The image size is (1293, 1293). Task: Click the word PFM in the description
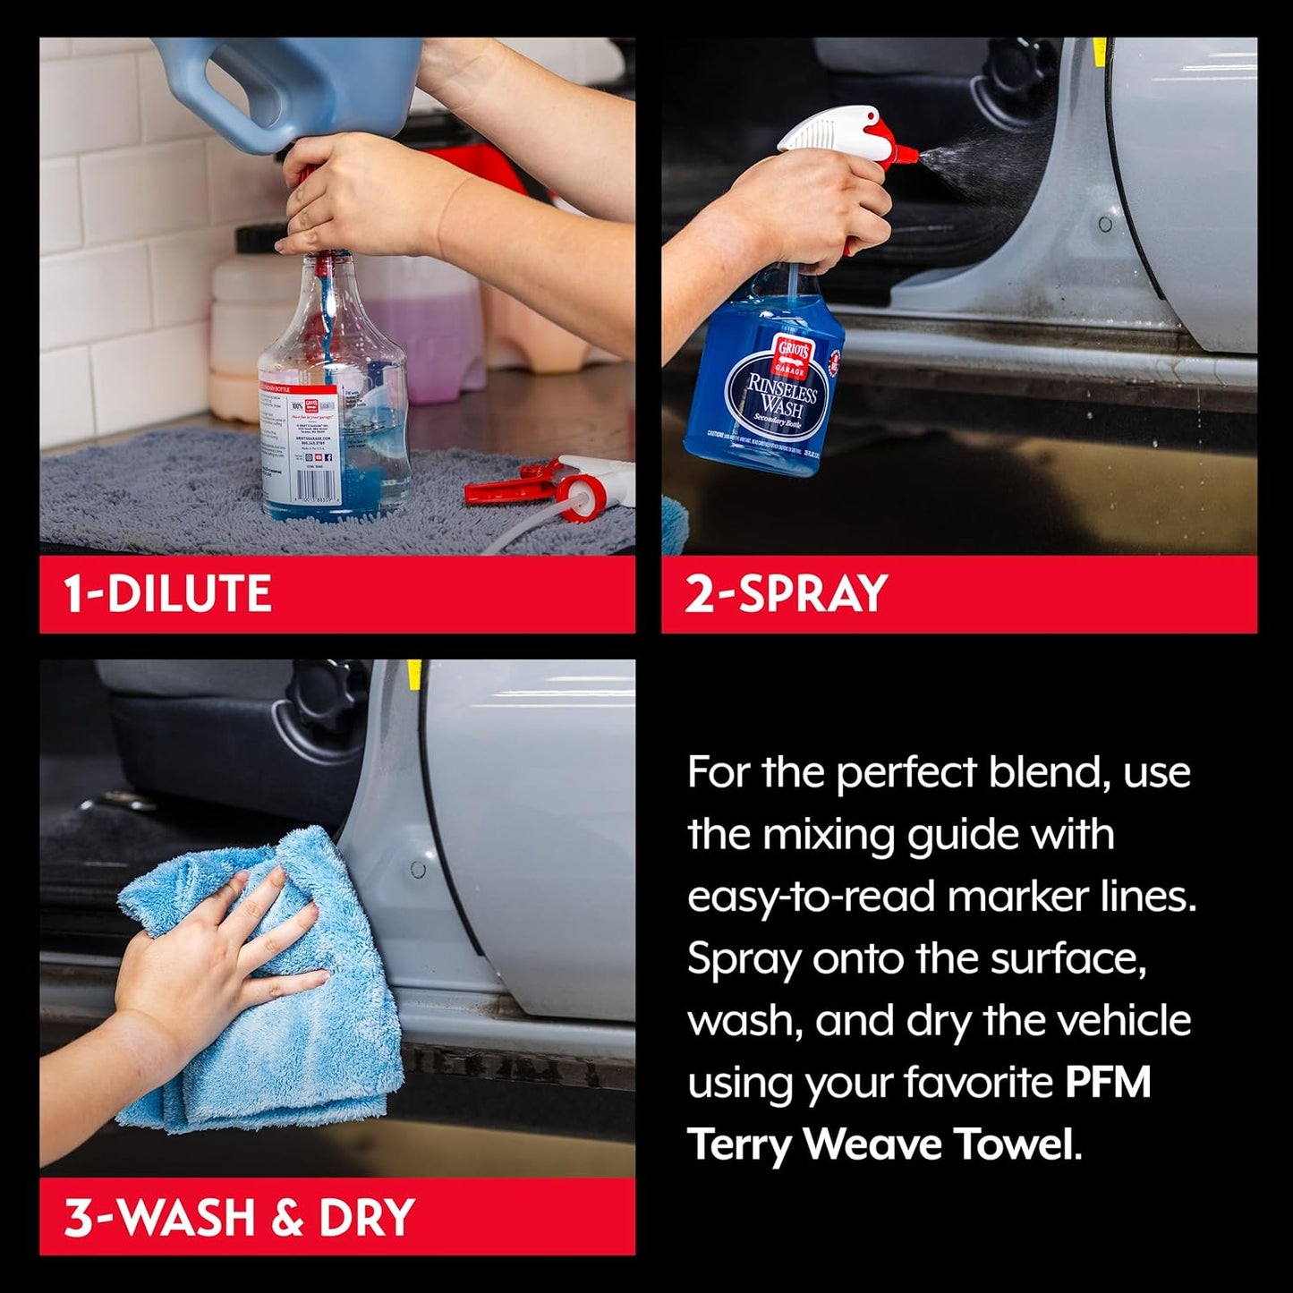pos(1107,1082)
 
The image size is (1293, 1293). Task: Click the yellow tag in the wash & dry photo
pos(413,674)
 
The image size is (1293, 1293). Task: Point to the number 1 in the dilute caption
pos(73,594)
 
